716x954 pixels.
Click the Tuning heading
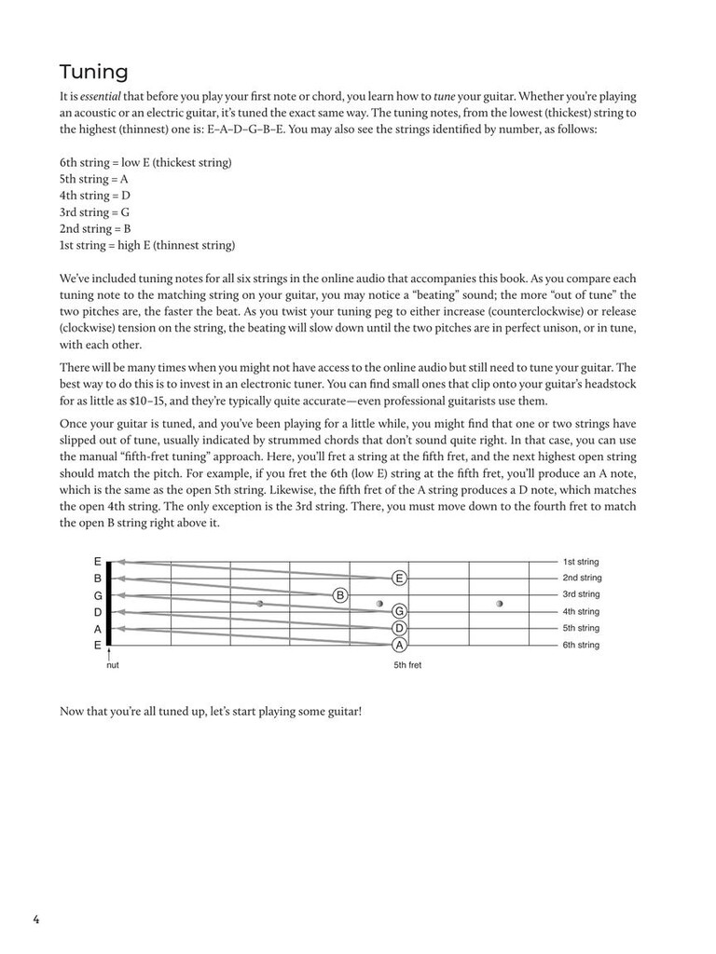click(94, 72)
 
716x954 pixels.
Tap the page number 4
click(36, 920)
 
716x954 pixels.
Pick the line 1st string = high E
click(147, 246)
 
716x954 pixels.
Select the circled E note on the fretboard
click(399, 578)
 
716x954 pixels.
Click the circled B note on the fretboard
click(340, 594)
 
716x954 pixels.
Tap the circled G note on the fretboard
click(399, 611)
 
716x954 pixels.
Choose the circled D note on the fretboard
click(399, 628)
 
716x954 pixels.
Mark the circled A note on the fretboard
click(399, 645)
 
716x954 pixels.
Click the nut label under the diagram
click(113, 666)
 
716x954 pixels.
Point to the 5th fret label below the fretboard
click(407, 666)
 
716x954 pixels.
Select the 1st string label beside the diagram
click(580, 562)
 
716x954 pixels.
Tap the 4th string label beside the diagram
click(580, 612)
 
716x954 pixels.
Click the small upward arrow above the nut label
click(110, 654)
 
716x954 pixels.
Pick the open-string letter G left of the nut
click(97, 595)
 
